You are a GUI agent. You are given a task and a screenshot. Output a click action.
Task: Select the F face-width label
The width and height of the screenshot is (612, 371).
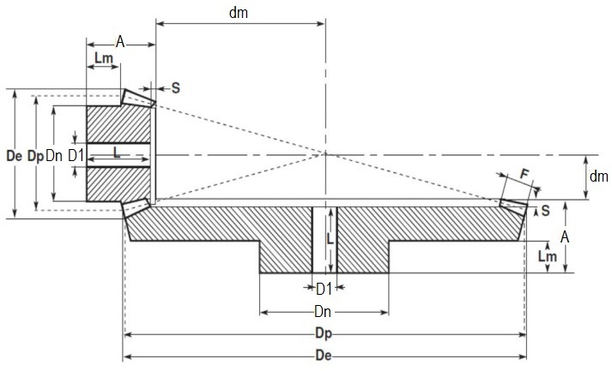[525, 174]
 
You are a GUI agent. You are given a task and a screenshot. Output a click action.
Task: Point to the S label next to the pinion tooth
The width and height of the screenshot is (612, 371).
[176, 87]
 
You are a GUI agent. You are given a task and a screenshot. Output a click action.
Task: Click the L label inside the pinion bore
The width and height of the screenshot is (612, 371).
[116, 151]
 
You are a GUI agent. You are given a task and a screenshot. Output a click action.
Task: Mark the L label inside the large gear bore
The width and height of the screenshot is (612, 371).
[330, 243]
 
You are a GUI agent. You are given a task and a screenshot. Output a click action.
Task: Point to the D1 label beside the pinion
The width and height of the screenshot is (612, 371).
[75, 156]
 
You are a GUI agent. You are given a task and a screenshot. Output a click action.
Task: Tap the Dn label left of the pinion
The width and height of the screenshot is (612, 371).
[54, 156]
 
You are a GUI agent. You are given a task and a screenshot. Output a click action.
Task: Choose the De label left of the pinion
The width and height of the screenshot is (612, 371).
[12, 156]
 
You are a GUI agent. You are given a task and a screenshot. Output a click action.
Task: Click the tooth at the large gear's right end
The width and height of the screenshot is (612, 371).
[512, 203]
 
